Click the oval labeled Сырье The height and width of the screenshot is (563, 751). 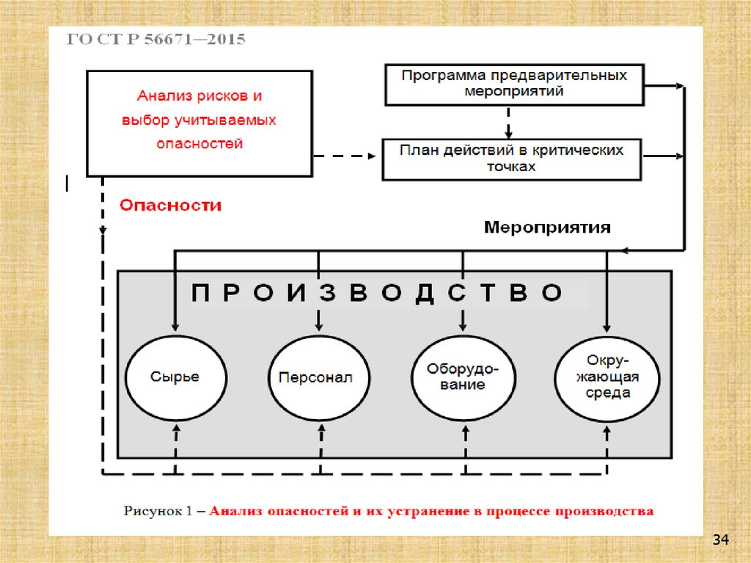coord(175,377)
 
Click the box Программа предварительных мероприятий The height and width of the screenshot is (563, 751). coord(513,84)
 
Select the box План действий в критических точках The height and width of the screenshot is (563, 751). coord(511,158)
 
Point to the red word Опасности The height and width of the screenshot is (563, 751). coord(170,206)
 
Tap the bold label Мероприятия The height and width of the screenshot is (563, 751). coord(547,228)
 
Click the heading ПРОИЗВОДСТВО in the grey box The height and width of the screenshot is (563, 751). coord(378,294)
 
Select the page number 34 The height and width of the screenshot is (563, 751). coord(720,541)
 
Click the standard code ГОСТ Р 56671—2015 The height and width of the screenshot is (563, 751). coord(156,40)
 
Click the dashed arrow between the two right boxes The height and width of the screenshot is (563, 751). coord(508,119)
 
